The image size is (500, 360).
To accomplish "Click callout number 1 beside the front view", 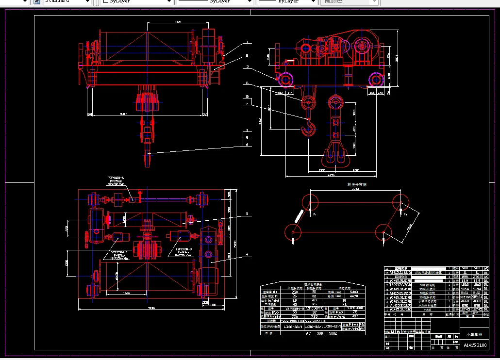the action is [247, 42].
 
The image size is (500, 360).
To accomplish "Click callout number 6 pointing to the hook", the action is [247, 144].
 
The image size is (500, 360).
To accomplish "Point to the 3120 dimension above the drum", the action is [177, 22].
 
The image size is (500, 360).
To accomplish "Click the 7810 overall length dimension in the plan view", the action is [151, 308].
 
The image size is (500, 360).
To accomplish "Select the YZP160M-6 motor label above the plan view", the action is [117, 178].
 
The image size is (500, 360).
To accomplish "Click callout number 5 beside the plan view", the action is [247, 214].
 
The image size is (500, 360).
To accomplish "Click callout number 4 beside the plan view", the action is [247, 254].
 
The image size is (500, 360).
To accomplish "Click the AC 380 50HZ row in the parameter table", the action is [308, 333].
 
